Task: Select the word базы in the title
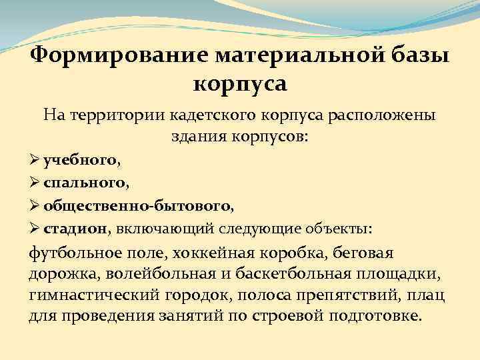[419, 55]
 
